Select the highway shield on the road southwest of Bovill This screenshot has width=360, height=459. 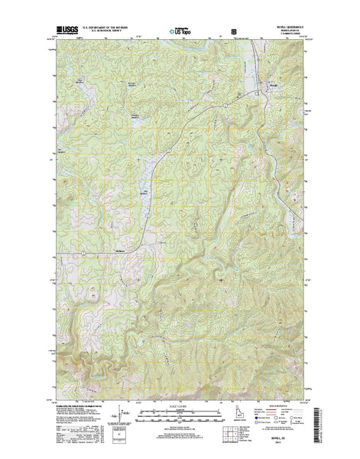tap(228, 105)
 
